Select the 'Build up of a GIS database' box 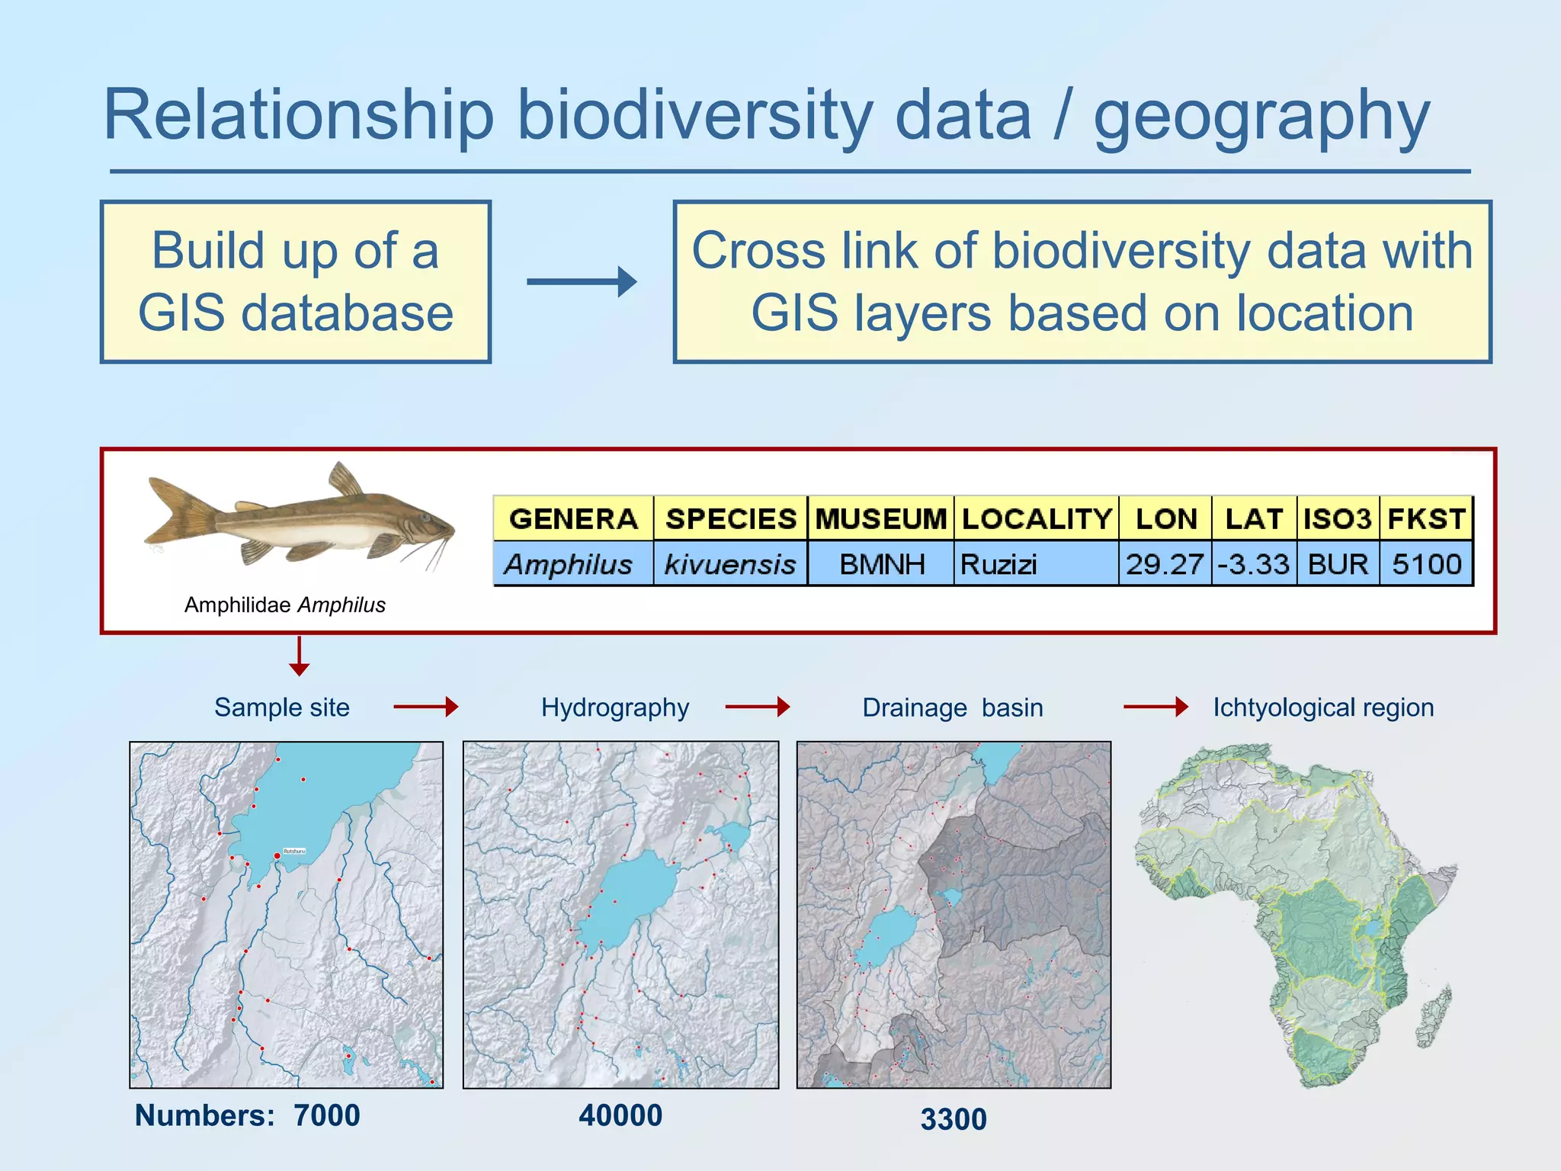[x=295, y=282]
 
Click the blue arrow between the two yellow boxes [x=582, y=281]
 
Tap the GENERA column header [x=573, y=518]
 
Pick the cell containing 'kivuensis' [x=730, y=564]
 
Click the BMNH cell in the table [x=881, y=564]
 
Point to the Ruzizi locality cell [x=1035, y=564]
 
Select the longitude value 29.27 [x=1165, y=564]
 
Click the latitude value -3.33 [x=1254, y=564]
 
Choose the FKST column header [x=1426, y=518]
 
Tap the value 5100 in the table [x=1426, y=564]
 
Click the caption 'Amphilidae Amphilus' [x=284, y=605]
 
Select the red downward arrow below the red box [x=300, y=656]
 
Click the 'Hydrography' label [x=614, y=707]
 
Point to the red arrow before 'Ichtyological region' [x=1155, y=707]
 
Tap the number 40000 [x=620, y=1115]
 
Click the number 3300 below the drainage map [x=954, y=1119]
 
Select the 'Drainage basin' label [x=952, y=707]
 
